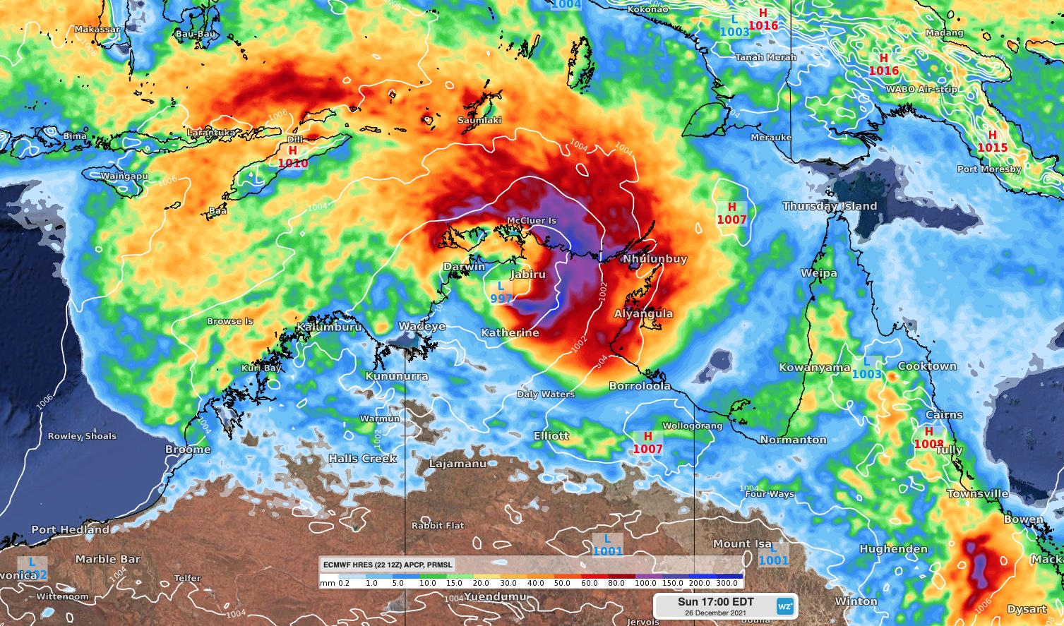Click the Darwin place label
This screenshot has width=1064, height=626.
point(464,267)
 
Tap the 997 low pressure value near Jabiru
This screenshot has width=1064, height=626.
point(501,299)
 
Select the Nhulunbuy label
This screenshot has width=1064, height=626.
point(654,259)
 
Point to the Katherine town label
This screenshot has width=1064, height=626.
point(510,332)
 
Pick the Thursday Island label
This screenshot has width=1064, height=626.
point(830,206)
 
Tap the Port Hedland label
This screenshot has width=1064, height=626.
point(70,529)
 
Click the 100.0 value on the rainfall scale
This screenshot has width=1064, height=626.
point(645,584)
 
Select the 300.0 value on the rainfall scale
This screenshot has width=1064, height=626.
point(727,584)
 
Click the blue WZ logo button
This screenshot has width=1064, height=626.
point(784,606)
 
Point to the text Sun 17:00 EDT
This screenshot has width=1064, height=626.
point(715,602)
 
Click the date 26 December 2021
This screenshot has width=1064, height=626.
point(715,613)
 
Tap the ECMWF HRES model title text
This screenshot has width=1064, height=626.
point(388,565)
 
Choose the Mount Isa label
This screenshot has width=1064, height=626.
point(741,543)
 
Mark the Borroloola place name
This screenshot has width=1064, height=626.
point(640,386)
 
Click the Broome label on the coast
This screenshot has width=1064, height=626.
point(188,449)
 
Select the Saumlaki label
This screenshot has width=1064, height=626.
point(479,120)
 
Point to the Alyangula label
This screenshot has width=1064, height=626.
point(643,313)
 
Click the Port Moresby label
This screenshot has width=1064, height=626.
point(988,169)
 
